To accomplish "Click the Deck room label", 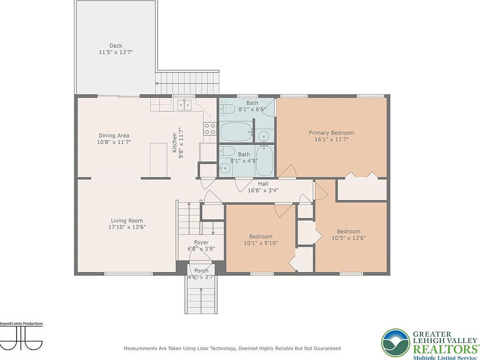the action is (x=115, y=45).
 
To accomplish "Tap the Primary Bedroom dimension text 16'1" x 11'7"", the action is (x=331, y=139).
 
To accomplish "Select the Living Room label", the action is (x=126, y=220).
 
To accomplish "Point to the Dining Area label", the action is (x=114, y=135).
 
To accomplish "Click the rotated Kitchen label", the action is (x=174, y=142).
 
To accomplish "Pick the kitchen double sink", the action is (x=184, y=104).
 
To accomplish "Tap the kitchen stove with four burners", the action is (x=210, y=128).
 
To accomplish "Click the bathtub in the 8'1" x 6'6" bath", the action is (x=236, y=131).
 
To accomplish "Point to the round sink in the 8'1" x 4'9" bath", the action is (x=225, y=168).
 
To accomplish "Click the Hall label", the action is (x=263, y=183).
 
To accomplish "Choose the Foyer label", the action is (x=201, y=242).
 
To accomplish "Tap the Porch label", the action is (x=201, y=270).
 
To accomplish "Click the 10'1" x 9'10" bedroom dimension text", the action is (x=261, y=243).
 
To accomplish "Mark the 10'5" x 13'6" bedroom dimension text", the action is (x=348, y=238).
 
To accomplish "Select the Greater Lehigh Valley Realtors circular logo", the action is (x=395, y=343).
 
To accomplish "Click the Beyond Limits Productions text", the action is (x=21, y=323).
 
